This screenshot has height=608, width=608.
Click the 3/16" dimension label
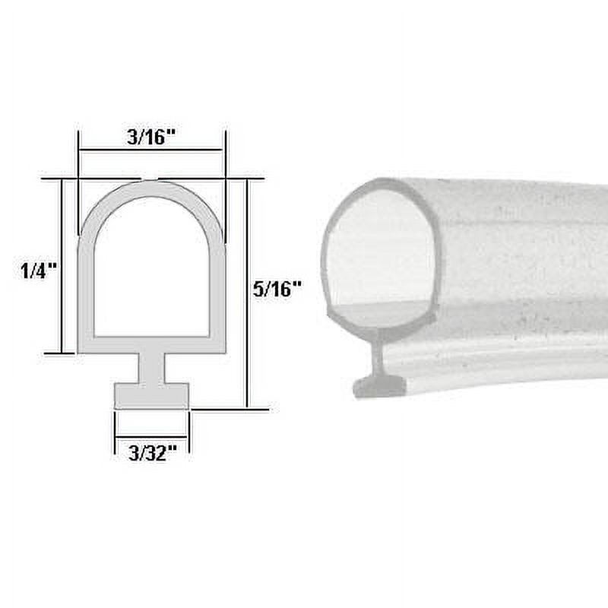click(151, 138)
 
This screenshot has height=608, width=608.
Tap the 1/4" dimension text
click(39, 270)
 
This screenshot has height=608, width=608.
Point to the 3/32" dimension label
click(152, 453)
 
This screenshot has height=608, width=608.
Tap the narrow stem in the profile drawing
click(151, 368)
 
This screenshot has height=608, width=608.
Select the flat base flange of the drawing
click(151, 395)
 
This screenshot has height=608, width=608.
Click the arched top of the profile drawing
click(151, 190)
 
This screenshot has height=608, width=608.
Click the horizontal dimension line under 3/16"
click(151, 150)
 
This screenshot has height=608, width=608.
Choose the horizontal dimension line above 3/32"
click(151, 435)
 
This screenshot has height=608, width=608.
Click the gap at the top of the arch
click(151, 180)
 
